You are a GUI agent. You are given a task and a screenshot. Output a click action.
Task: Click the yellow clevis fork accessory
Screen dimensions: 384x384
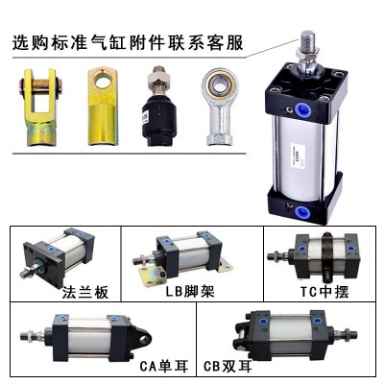(x=40, y=108)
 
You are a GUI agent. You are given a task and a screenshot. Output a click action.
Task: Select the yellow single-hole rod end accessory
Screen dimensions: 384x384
(x=103, y=106)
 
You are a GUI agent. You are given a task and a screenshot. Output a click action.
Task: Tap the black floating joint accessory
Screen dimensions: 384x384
(x=158, y=108)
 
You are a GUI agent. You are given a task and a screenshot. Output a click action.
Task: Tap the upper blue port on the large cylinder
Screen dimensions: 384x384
(x=305, y=110)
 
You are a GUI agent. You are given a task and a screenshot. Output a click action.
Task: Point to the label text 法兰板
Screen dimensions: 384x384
(x=85, y=292)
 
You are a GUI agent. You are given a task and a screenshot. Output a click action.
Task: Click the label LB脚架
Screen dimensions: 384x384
(x=190, y=291)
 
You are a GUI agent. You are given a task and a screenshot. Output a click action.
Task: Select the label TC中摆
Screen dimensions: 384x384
(x=324, y=291)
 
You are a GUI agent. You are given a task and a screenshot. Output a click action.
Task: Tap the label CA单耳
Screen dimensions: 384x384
(x=164, y=366)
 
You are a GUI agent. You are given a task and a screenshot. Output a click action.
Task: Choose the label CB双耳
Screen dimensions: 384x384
(x=228, y=366)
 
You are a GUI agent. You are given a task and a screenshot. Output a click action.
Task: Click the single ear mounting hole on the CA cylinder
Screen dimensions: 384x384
(x=145, y=339)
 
